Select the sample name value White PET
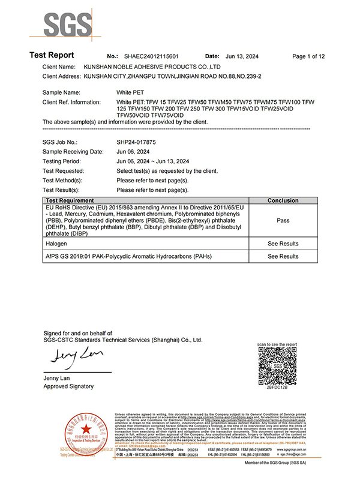coord(131,93)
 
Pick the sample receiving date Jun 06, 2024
coord(135,152)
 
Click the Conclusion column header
coord(283,200)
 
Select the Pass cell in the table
coord(283,220)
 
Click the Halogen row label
coord(56,244)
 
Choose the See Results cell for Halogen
coord(283,244)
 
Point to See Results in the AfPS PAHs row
coord(283,256)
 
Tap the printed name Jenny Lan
coord(58,378)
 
